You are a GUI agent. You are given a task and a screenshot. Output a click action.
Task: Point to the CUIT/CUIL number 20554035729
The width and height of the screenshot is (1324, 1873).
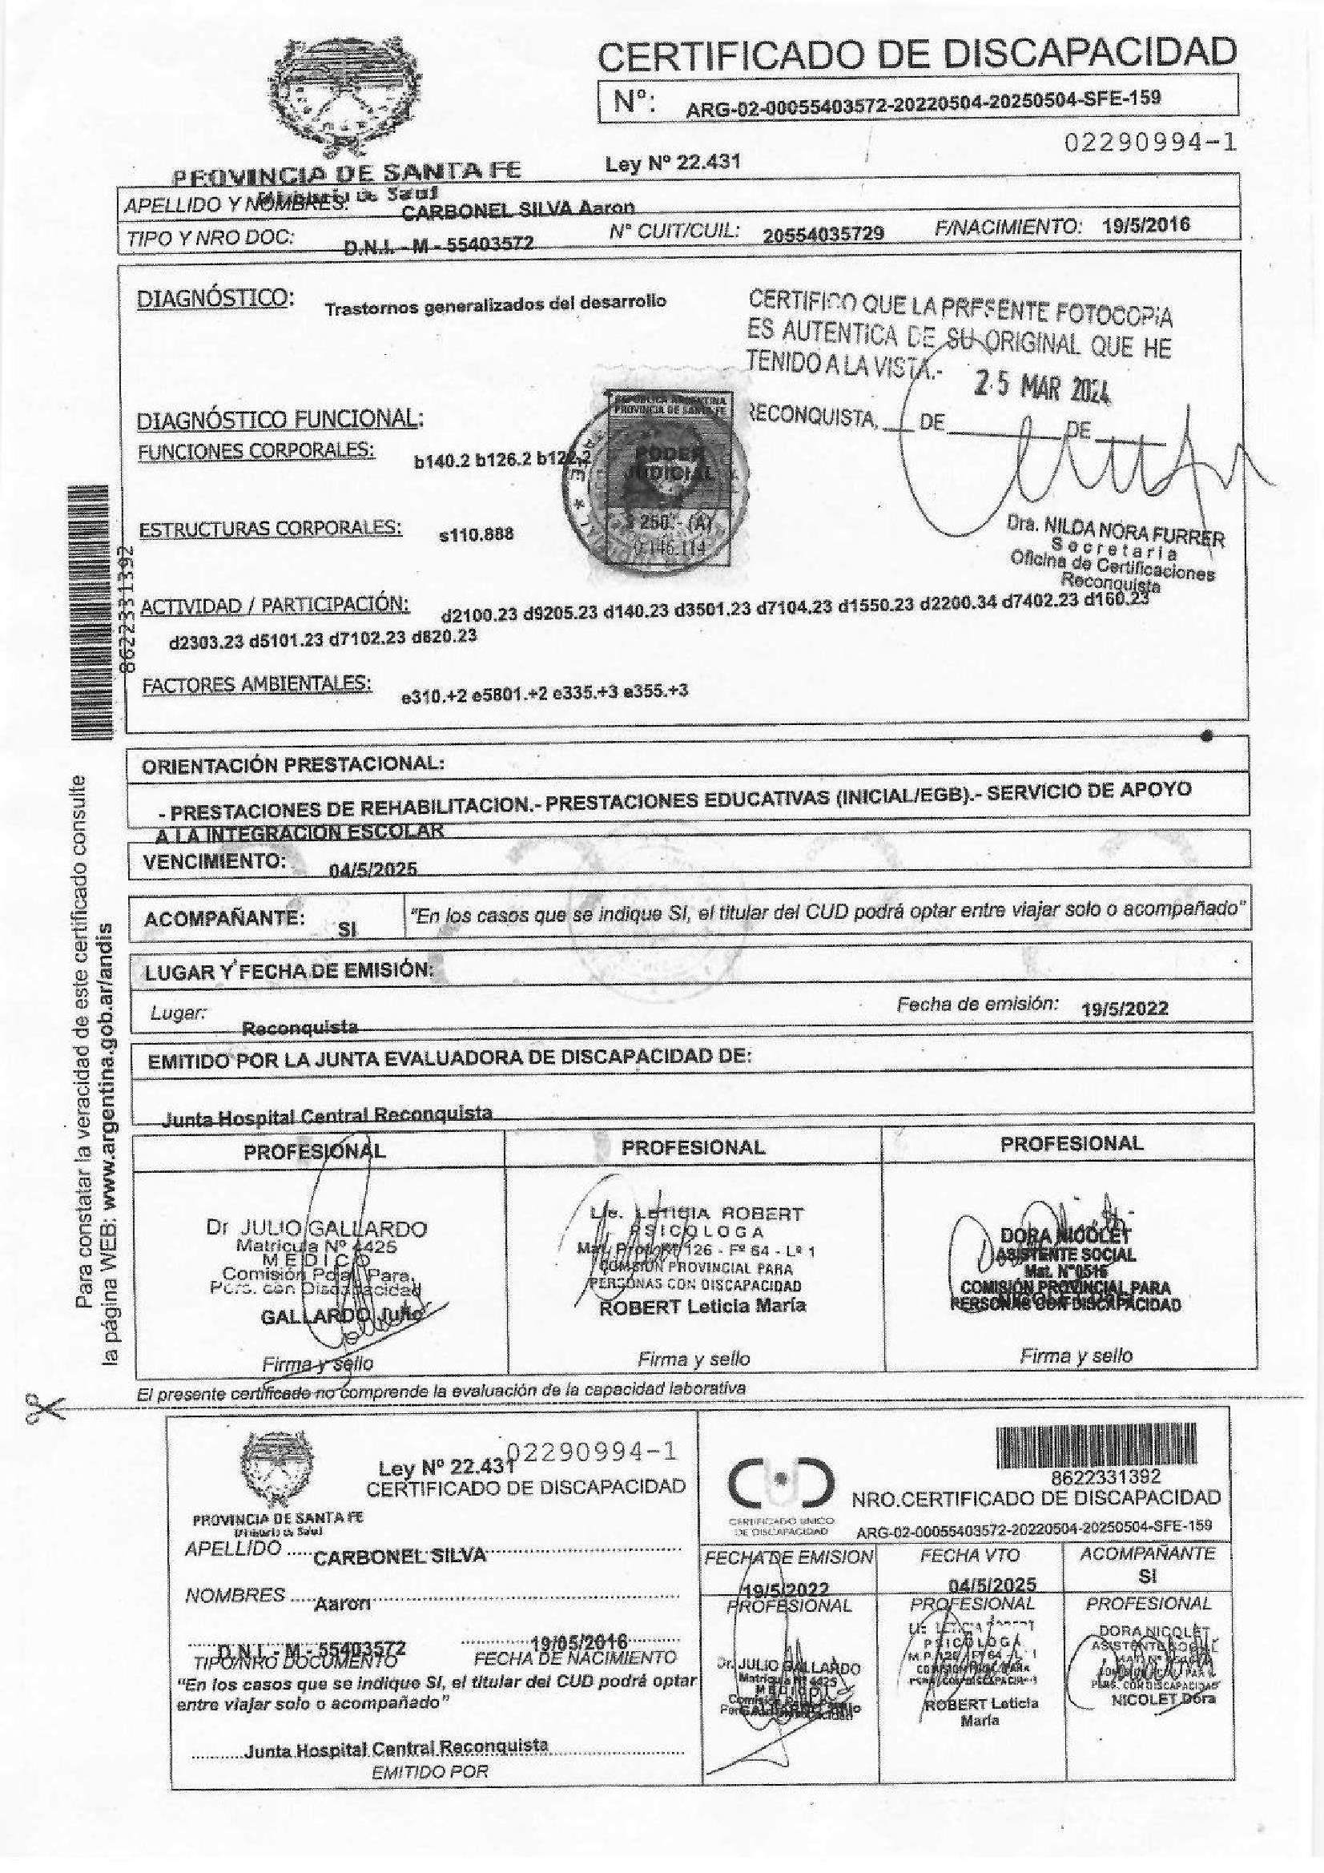click(823, 234)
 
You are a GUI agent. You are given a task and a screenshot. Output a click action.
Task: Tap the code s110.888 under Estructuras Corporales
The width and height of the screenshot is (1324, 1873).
click(477, 534)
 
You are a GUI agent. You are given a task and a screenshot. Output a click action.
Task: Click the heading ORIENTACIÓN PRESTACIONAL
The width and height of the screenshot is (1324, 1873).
click(293, 765)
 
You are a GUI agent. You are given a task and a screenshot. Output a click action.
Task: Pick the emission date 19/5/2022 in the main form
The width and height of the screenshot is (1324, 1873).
click(1124, 1009)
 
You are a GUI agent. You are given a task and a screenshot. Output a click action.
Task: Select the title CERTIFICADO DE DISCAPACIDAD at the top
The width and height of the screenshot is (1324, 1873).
click(917, 52)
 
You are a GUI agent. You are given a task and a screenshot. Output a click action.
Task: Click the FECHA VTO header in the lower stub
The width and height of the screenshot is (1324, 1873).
click(969, 1557)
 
